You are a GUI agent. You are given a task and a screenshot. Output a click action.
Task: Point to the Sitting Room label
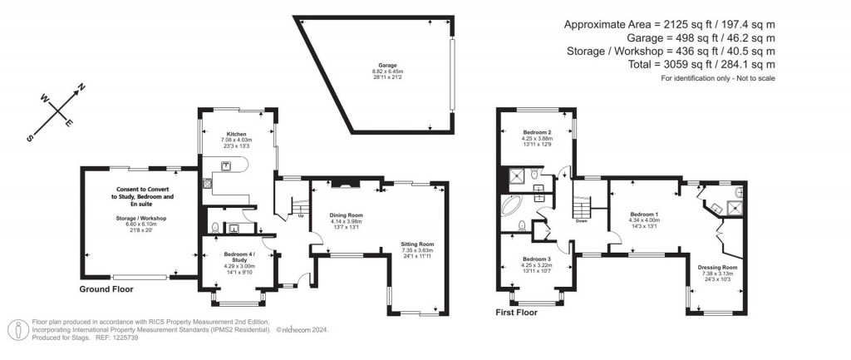pyautogui.click(x=413, y=238)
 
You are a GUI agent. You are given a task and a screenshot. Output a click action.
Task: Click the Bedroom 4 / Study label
pyautogui.click(x=231, y=254)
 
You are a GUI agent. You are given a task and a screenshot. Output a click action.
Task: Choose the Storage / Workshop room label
pyautogui.click(x=141, y=218)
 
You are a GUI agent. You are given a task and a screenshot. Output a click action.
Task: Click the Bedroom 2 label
pyautogui.click(x=538, y=133)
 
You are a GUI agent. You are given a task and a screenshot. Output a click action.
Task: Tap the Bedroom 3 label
pyautogui.click(x=538, y=259)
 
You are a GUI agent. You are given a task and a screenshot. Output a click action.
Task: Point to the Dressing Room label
pyautogui.click(x=716, y=268)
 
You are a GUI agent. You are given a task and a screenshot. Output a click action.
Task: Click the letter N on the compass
pyautogui.click(x=81, y=86)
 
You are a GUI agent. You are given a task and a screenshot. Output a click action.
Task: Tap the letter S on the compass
pyautogui.click(x=31, y=138)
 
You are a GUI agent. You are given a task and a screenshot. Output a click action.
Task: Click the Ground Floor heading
pyautogui.click(x=106, y=289)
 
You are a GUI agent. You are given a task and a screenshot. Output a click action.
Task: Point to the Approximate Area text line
pyautogui.click(x=670, y=23)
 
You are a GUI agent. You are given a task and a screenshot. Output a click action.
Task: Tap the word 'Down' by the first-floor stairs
pyautogui.click(x=581, y=220)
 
